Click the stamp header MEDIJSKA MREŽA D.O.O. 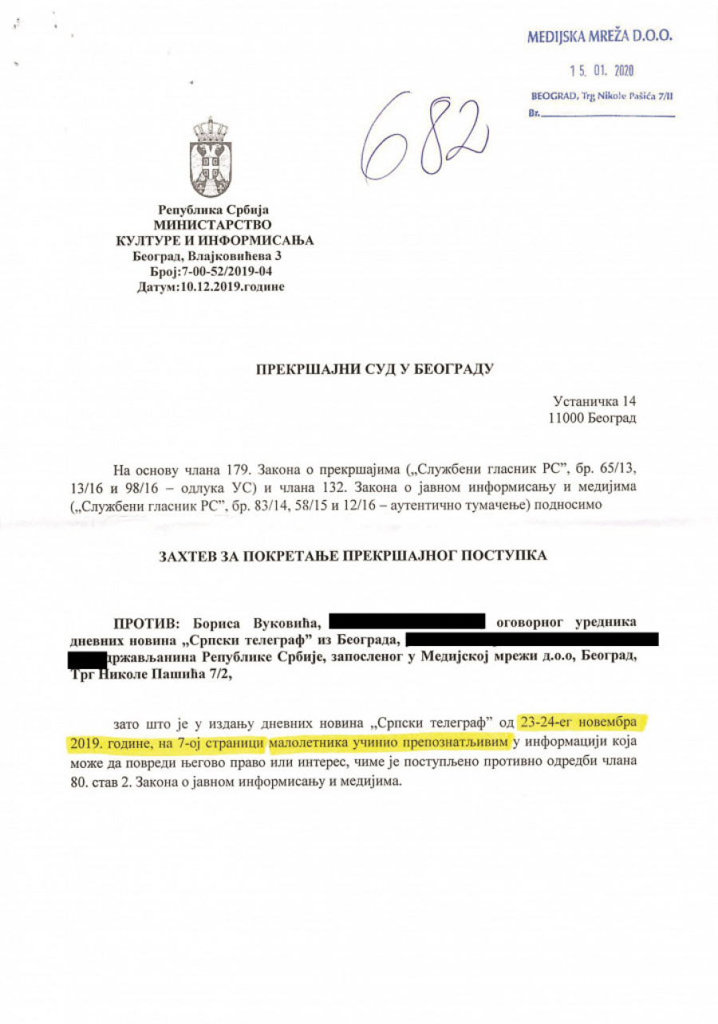click(x=599, y=36)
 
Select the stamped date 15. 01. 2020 click(x=602, y=71)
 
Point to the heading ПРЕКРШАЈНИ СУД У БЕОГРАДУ click(x=375, y=369)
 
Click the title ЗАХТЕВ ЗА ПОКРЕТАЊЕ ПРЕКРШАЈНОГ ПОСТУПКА click(x=353, y=555)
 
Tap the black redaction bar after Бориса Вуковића click(x=407, y=621)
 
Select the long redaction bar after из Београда click(x=532, y=639)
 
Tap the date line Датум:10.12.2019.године click(x=211, y=286)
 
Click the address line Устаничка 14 click(x=594, y=401)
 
